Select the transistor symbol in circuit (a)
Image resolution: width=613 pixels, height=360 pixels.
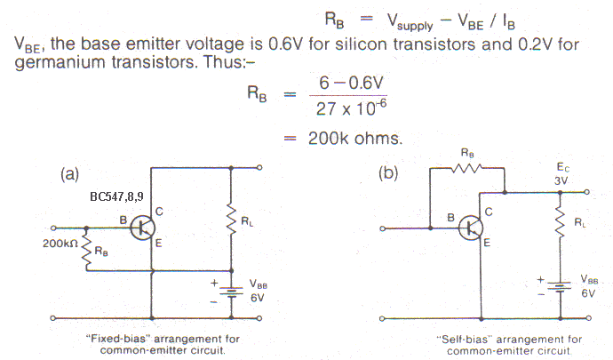[140, 228]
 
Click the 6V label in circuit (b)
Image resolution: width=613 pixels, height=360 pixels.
[586, 292]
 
